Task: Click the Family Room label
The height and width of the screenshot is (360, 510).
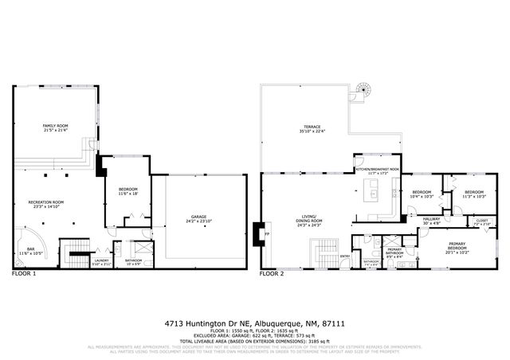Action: (55, 128)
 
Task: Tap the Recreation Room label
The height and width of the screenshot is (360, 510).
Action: (46, 204)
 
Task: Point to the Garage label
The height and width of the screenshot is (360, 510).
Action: (198, 217)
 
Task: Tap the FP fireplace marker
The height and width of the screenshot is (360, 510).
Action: (267, 234)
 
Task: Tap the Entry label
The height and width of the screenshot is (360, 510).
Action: (345, 256)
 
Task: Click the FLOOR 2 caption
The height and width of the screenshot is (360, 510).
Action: (272, 274)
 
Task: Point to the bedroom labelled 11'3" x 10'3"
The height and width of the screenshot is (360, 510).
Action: (474, 194)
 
